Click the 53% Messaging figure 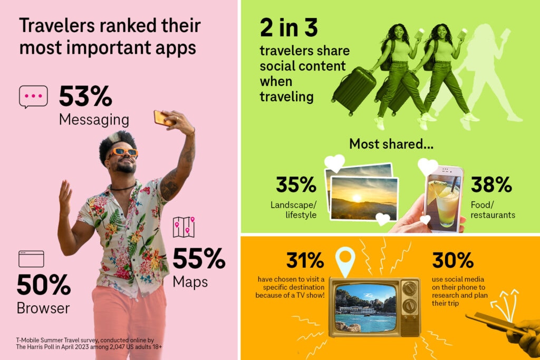coord(85,96)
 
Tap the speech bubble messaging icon coord(33,96)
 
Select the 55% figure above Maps coord(199,258)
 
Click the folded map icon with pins coord(184,227)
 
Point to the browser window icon coord(31,259)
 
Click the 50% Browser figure coord(44,285)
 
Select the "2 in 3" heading coord(288,27)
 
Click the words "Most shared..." coord(391,144)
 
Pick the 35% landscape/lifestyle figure coord(296,184)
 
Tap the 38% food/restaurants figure coord(491,184)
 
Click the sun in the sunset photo coord(356,198)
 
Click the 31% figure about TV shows coord(305,260)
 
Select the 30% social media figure coord(452,260)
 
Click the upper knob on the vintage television coord(410,288)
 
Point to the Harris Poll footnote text coord(89,344)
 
